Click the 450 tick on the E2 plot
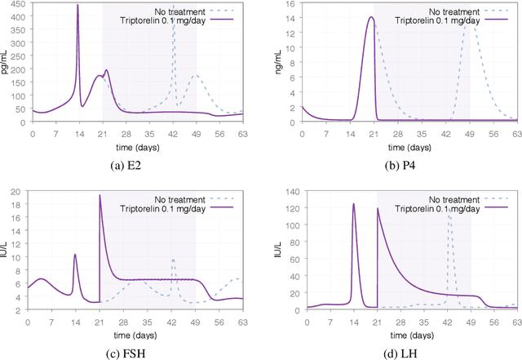coord(19,5)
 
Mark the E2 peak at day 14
coord(77,6)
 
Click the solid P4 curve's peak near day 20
coord(369,17)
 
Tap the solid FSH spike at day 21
coord(100,195)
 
